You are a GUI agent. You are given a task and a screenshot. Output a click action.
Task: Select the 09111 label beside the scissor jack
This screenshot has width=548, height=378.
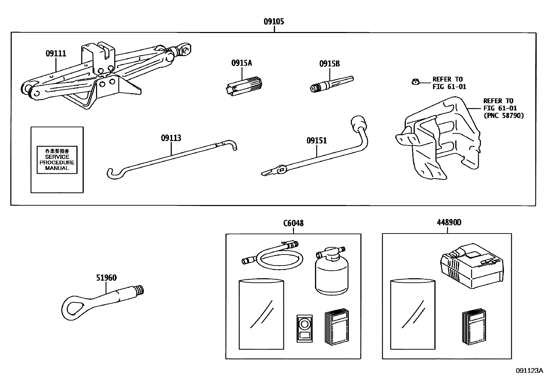pos(56,54)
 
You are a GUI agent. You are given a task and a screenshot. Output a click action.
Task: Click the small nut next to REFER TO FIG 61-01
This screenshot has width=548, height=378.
pos(415,82)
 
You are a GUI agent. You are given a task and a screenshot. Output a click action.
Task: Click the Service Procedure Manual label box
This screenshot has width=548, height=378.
pos(57,160)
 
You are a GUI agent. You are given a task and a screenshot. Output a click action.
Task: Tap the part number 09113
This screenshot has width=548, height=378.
pos(171,138)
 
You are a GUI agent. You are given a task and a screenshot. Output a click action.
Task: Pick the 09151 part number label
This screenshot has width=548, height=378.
pos(316,141)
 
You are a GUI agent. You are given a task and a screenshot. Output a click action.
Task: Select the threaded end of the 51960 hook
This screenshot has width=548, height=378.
pos(139,290)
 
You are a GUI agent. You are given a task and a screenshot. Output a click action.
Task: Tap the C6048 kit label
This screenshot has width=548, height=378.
pos(293,223)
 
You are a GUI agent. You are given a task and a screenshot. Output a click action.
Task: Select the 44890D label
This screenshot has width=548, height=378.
pos(449,223)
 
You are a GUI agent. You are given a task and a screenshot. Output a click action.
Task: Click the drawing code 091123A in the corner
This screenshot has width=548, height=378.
pos(529,370)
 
